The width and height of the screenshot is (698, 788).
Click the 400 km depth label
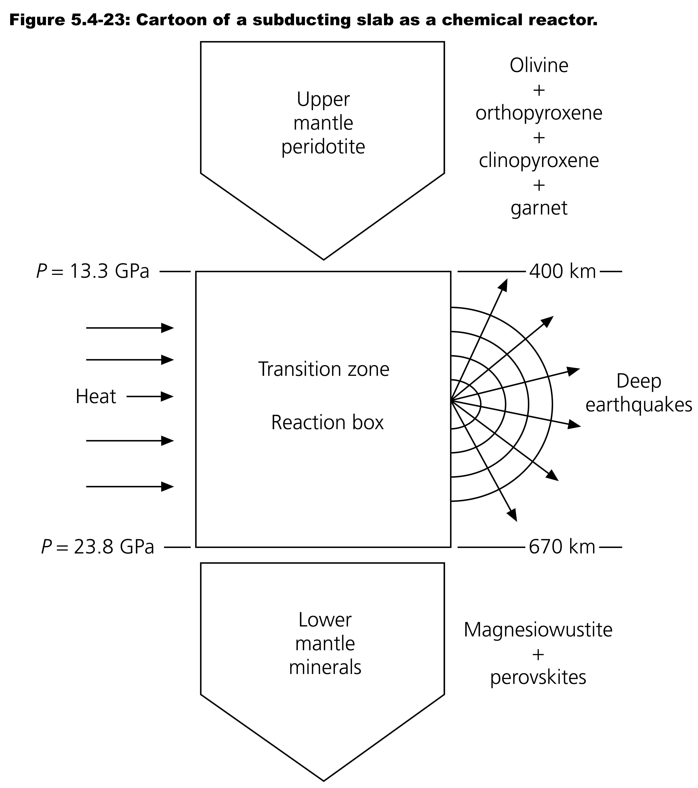coord(562,272)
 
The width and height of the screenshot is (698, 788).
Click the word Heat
coord(95,397)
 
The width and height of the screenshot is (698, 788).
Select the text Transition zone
coord(324,369)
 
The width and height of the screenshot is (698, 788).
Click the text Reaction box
coord(327,423)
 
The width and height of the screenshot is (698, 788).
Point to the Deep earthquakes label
coord(639,393)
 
